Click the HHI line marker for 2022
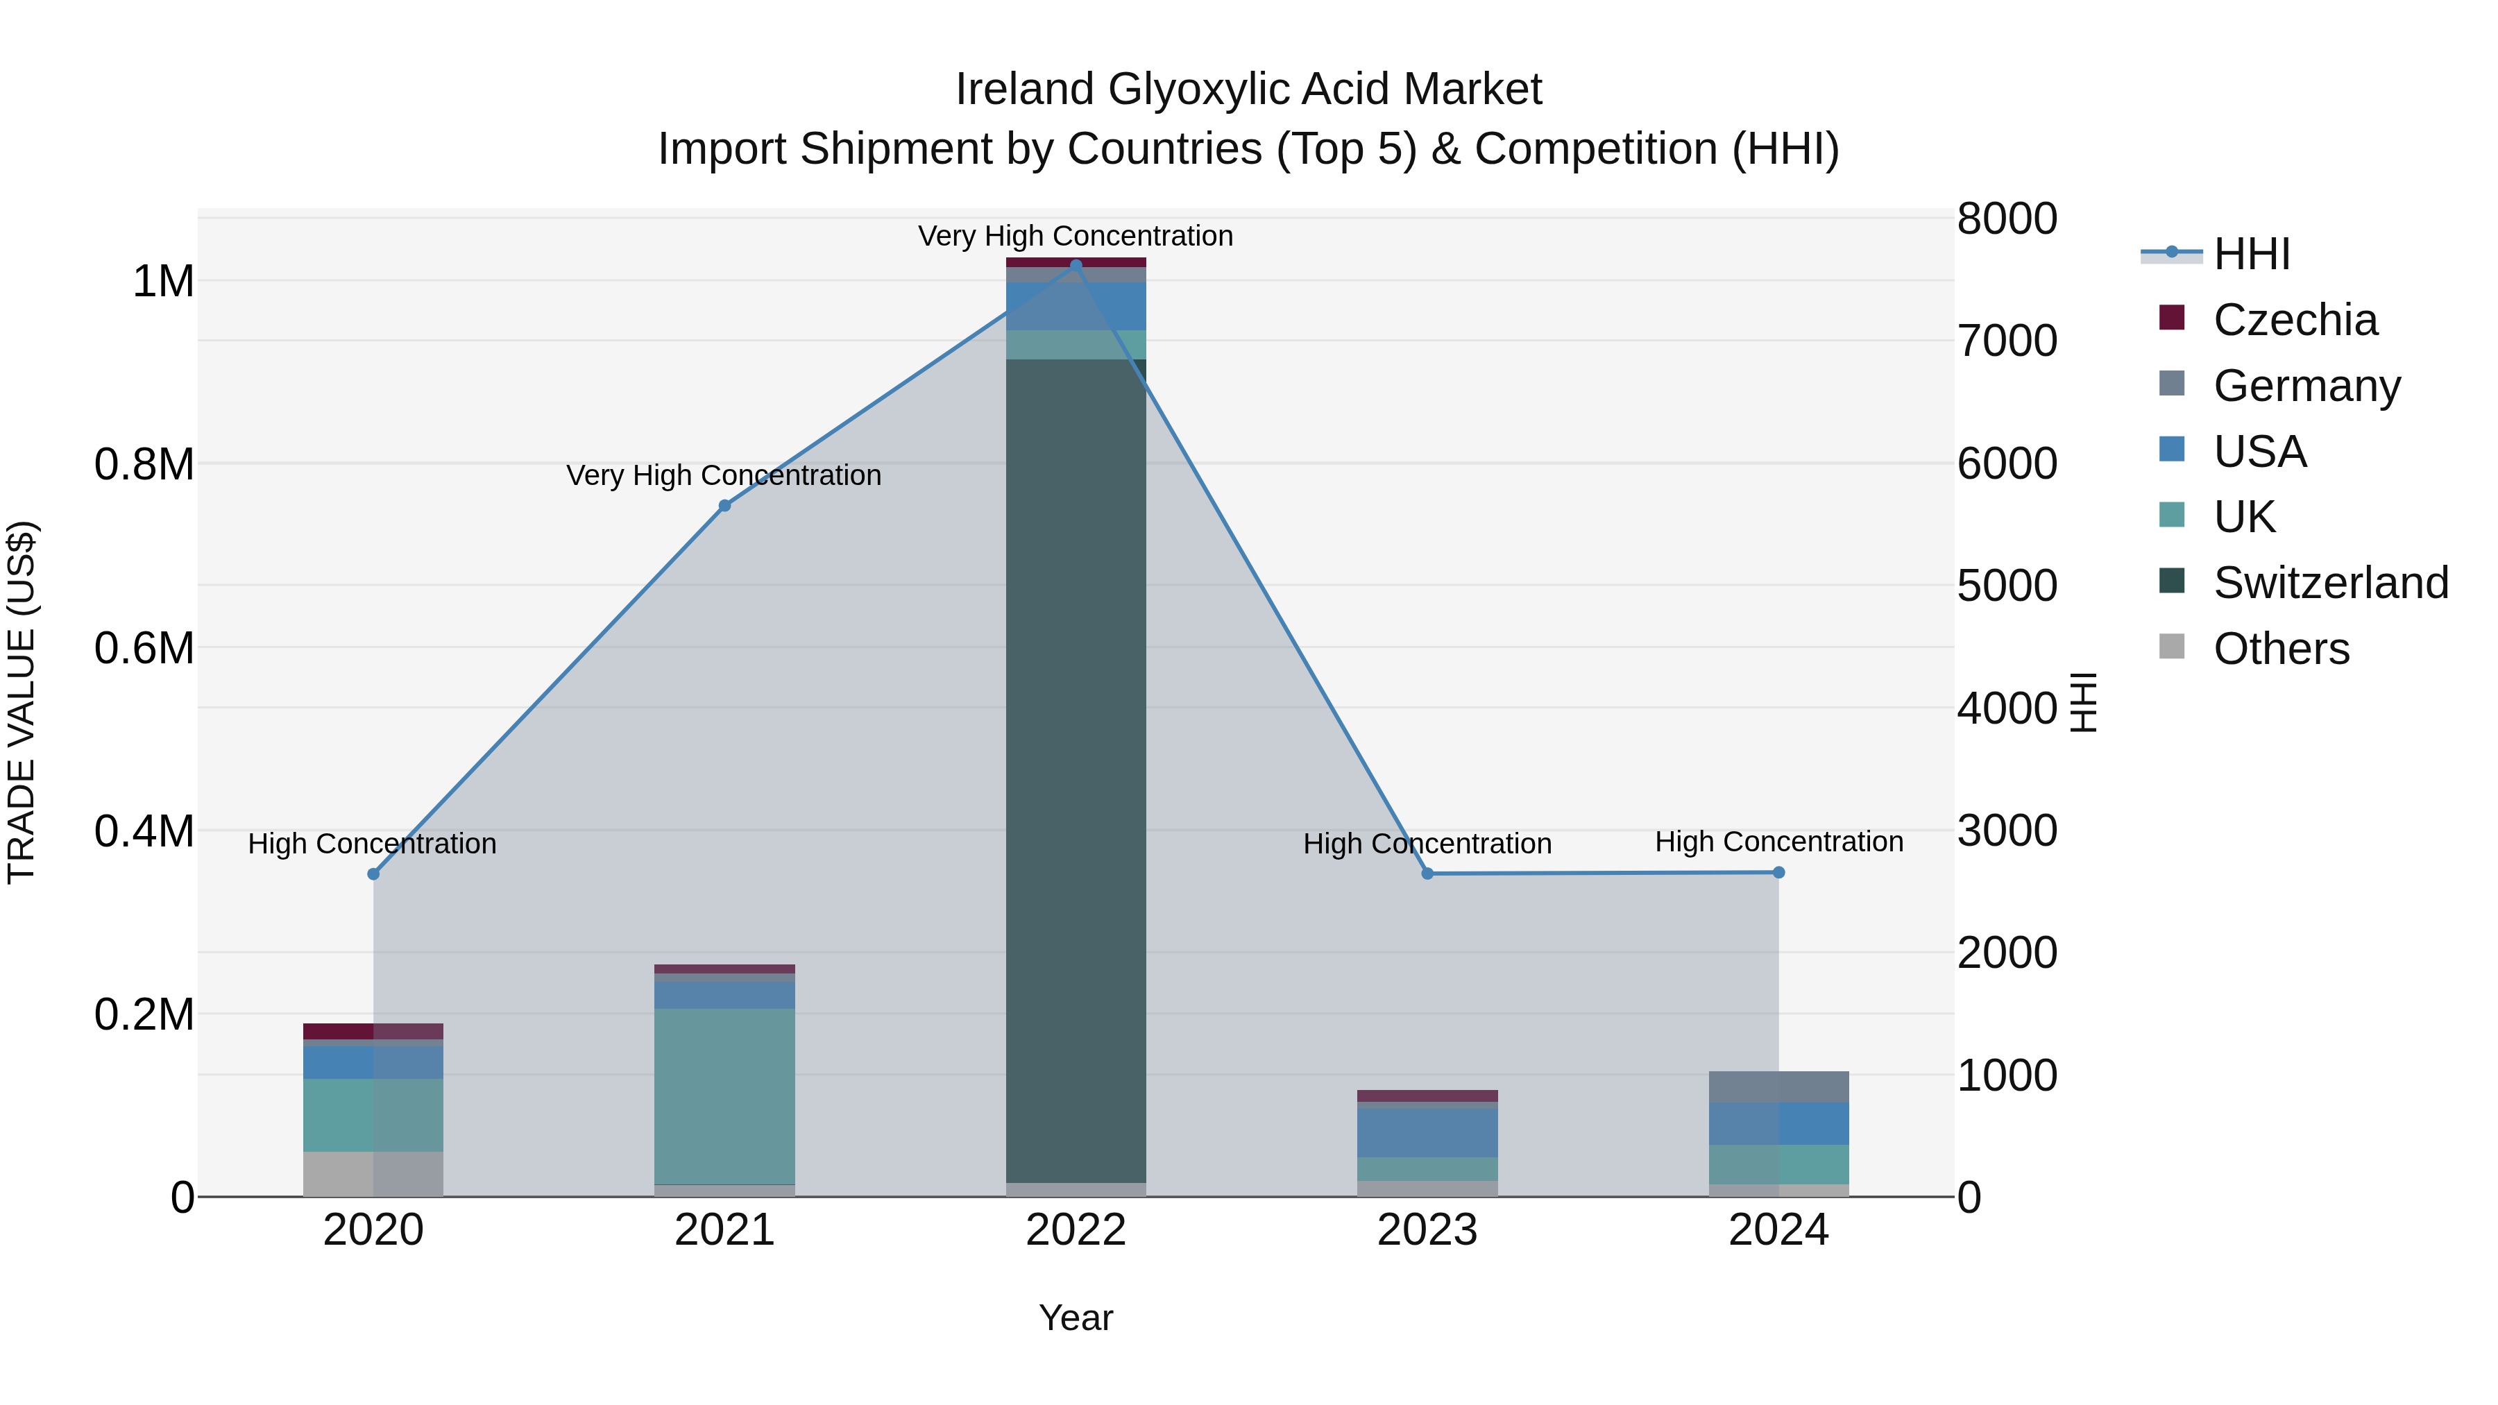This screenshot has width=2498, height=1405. (1076, 266)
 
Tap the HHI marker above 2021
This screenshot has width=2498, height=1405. (724, 505)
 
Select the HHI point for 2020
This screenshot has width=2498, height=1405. (373, 874)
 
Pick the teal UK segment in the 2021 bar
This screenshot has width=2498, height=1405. (724, 1096)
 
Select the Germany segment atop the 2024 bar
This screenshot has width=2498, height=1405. (1778, 1087)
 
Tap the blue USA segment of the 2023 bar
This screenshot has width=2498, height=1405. (1427, 1132)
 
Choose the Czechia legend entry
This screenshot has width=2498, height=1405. (2295, 320)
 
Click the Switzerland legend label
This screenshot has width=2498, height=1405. (2330, 583)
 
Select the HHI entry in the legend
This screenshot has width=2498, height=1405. (2252, 254)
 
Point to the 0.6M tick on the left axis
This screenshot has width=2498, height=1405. (144, 648)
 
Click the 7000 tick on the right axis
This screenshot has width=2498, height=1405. (2006, 341)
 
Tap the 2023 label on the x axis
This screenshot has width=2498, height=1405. (1427, 1230)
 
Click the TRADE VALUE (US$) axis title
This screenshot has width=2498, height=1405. (22, 702)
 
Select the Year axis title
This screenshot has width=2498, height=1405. (1076, 1318)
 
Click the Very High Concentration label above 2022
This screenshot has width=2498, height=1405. (1076, 236)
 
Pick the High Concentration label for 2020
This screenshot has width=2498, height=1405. (373, 844)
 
